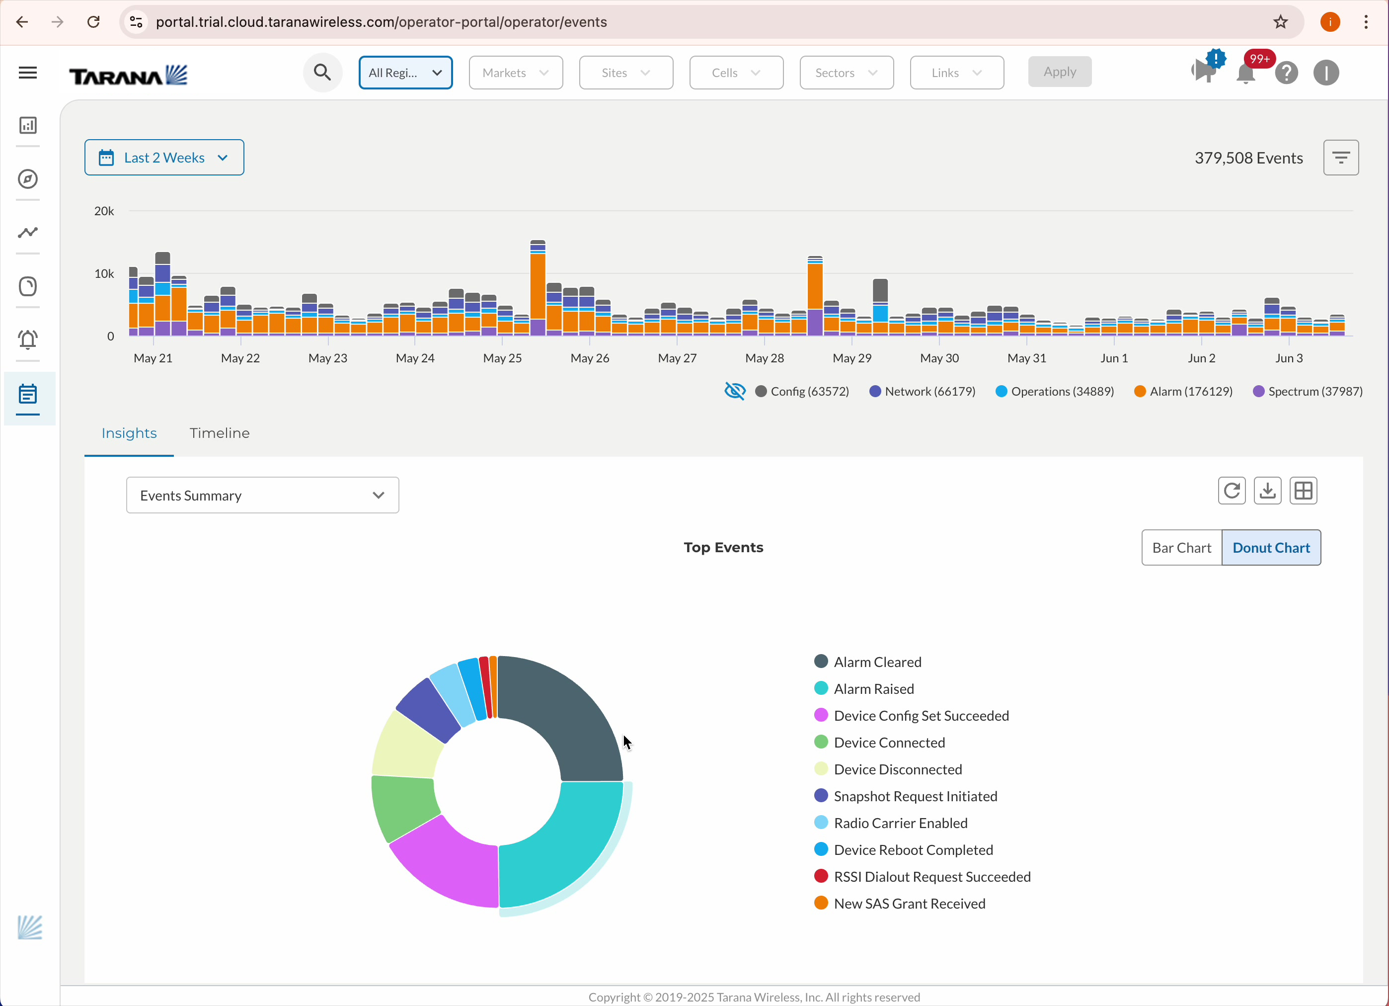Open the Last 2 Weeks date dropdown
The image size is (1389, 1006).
pos(163,158)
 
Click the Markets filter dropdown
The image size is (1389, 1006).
pos(515,72)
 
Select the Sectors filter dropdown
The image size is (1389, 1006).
pos(846,72)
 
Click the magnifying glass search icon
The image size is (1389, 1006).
pos(322,72)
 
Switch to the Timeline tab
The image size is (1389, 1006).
pos(219,433)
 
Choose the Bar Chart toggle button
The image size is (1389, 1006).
pos(1181,548)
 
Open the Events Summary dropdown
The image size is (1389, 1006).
pos(262,495)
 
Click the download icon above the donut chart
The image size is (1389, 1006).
pos(1267,491)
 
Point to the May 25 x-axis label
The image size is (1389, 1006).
pos(502,358)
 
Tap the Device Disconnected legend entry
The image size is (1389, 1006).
pos(897,769)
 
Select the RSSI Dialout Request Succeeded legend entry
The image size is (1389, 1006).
pos(931,877)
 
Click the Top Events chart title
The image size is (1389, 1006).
pos(723,548)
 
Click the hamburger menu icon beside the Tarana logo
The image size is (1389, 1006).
pos(27,73)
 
